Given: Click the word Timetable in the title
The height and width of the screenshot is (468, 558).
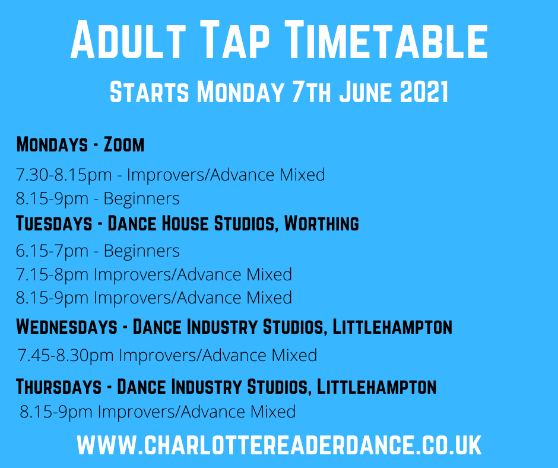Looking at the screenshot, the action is click(386, 39).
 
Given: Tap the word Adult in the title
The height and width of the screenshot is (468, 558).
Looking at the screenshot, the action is click(128, 39).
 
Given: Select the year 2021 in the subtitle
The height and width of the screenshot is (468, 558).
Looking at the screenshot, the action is click(424, 92).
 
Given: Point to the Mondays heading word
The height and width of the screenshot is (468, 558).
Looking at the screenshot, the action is click(52, 144).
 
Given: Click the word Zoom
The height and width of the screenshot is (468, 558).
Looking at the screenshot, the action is click(124, 144).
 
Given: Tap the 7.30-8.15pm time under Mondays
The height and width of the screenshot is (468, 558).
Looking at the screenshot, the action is click(64, 175).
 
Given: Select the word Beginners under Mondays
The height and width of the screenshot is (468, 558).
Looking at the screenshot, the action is click(142, 198).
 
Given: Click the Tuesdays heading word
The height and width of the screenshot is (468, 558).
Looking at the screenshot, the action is click(54, 223).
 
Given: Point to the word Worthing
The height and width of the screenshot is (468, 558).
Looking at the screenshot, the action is click(321, 223).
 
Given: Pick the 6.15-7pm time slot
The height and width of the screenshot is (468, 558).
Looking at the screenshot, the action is click(52, 251).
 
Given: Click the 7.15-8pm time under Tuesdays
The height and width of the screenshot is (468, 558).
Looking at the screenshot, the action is click(52, 274).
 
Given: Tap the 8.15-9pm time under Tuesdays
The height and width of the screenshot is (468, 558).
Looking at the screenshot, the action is click(52, 298).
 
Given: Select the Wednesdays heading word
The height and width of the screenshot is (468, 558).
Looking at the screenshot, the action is click(66, 327).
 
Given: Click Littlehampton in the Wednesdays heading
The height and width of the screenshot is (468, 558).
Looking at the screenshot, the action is click(392, 327).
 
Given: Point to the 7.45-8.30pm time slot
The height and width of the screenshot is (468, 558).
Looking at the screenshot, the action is click(65, 355).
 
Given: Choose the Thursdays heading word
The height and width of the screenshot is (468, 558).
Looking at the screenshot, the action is click(59, 387).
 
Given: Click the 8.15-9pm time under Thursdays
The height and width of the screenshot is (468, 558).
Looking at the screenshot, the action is click(56, 412).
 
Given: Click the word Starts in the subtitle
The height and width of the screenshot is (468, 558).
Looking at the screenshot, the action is click(149, 92).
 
